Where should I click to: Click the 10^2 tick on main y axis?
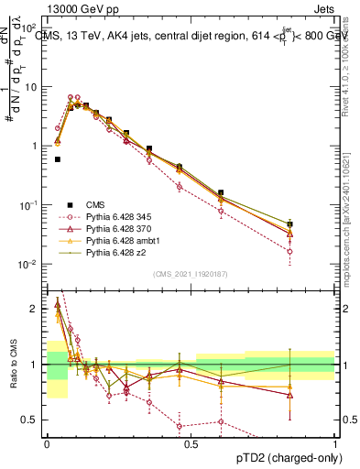coord(31,27)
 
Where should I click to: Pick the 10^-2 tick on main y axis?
coord(31,265)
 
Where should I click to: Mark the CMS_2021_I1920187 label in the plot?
coord(191,274)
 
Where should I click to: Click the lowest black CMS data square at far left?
coord(58,159)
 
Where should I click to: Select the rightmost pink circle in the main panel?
coord(289,251)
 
